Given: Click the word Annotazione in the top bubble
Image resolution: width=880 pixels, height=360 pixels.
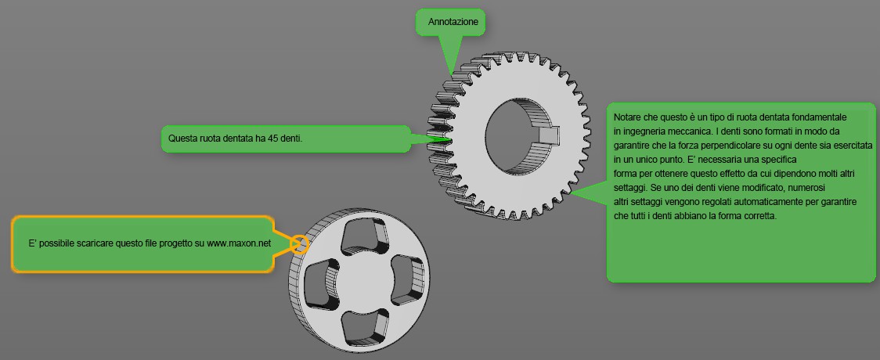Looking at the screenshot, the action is [453, 22].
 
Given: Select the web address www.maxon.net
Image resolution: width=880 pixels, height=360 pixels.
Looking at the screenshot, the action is [239, 244].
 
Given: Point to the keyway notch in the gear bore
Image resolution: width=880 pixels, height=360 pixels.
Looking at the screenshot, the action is [548, 135].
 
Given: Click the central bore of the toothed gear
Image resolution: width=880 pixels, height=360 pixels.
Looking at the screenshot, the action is [522, 137].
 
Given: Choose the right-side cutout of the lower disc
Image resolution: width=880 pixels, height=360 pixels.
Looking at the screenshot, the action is [407, 278].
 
